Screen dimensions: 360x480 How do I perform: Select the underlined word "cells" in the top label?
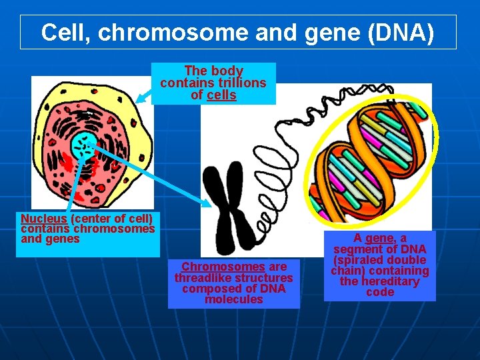pyautogui.click(x=221, y=95)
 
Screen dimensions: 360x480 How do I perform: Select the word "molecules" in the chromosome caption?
pyautogui.click(x=233, y=299)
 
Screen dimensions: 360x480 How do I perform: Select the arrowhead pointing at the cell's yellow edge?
pyautogui.click(x=139, y=99)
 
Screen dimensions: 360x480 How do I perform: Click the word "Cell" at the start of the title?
pyautogui.click(x=61, y=32)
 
